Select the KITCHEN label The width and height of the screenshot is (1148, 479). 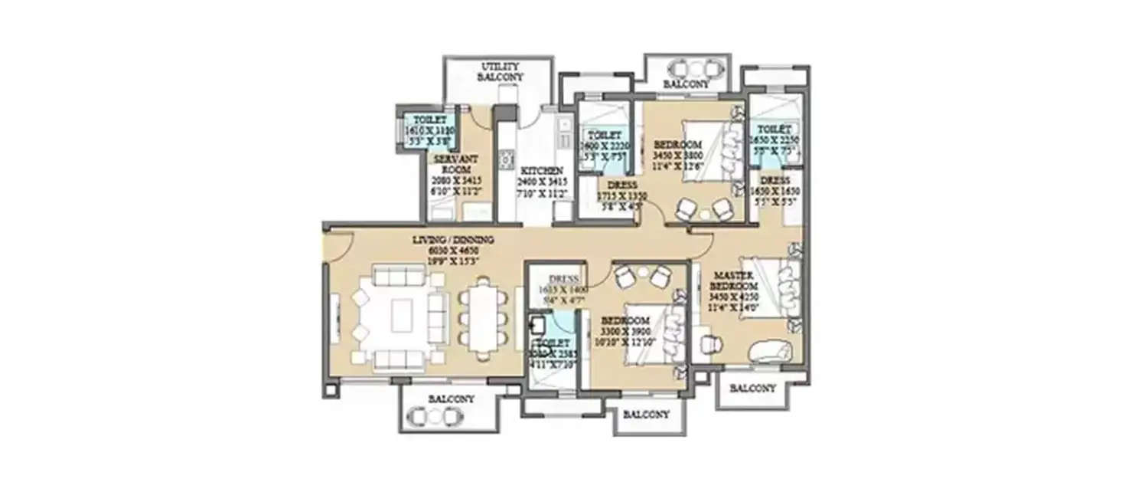pos(542,170)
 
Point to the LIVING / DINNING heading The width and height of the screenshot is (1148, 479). pos(453,240)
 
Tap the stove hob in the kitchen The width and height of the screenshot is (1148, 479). pos(506,159)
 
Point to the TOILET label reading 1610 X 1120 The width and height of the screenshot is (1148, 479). pos(429,131)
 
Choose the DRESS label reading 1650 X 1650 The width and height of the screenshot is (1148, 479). pos(775,190)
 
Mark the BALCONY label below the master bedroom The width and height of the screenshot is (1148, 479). pos(752,389)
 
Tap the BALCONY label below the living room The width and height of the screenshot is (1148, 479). pos(451,399)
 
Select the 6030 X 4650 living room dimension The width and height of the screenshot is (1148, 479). pos(453,250)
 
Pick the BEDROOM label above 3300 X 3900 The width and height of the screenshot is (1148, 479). pos(625,320)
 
